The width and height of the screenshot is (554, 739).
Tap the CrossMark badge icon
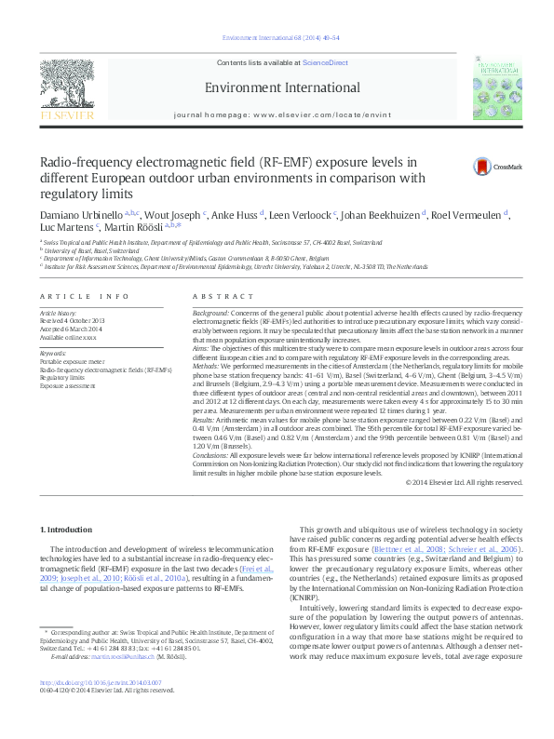(x=485, y=167)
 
